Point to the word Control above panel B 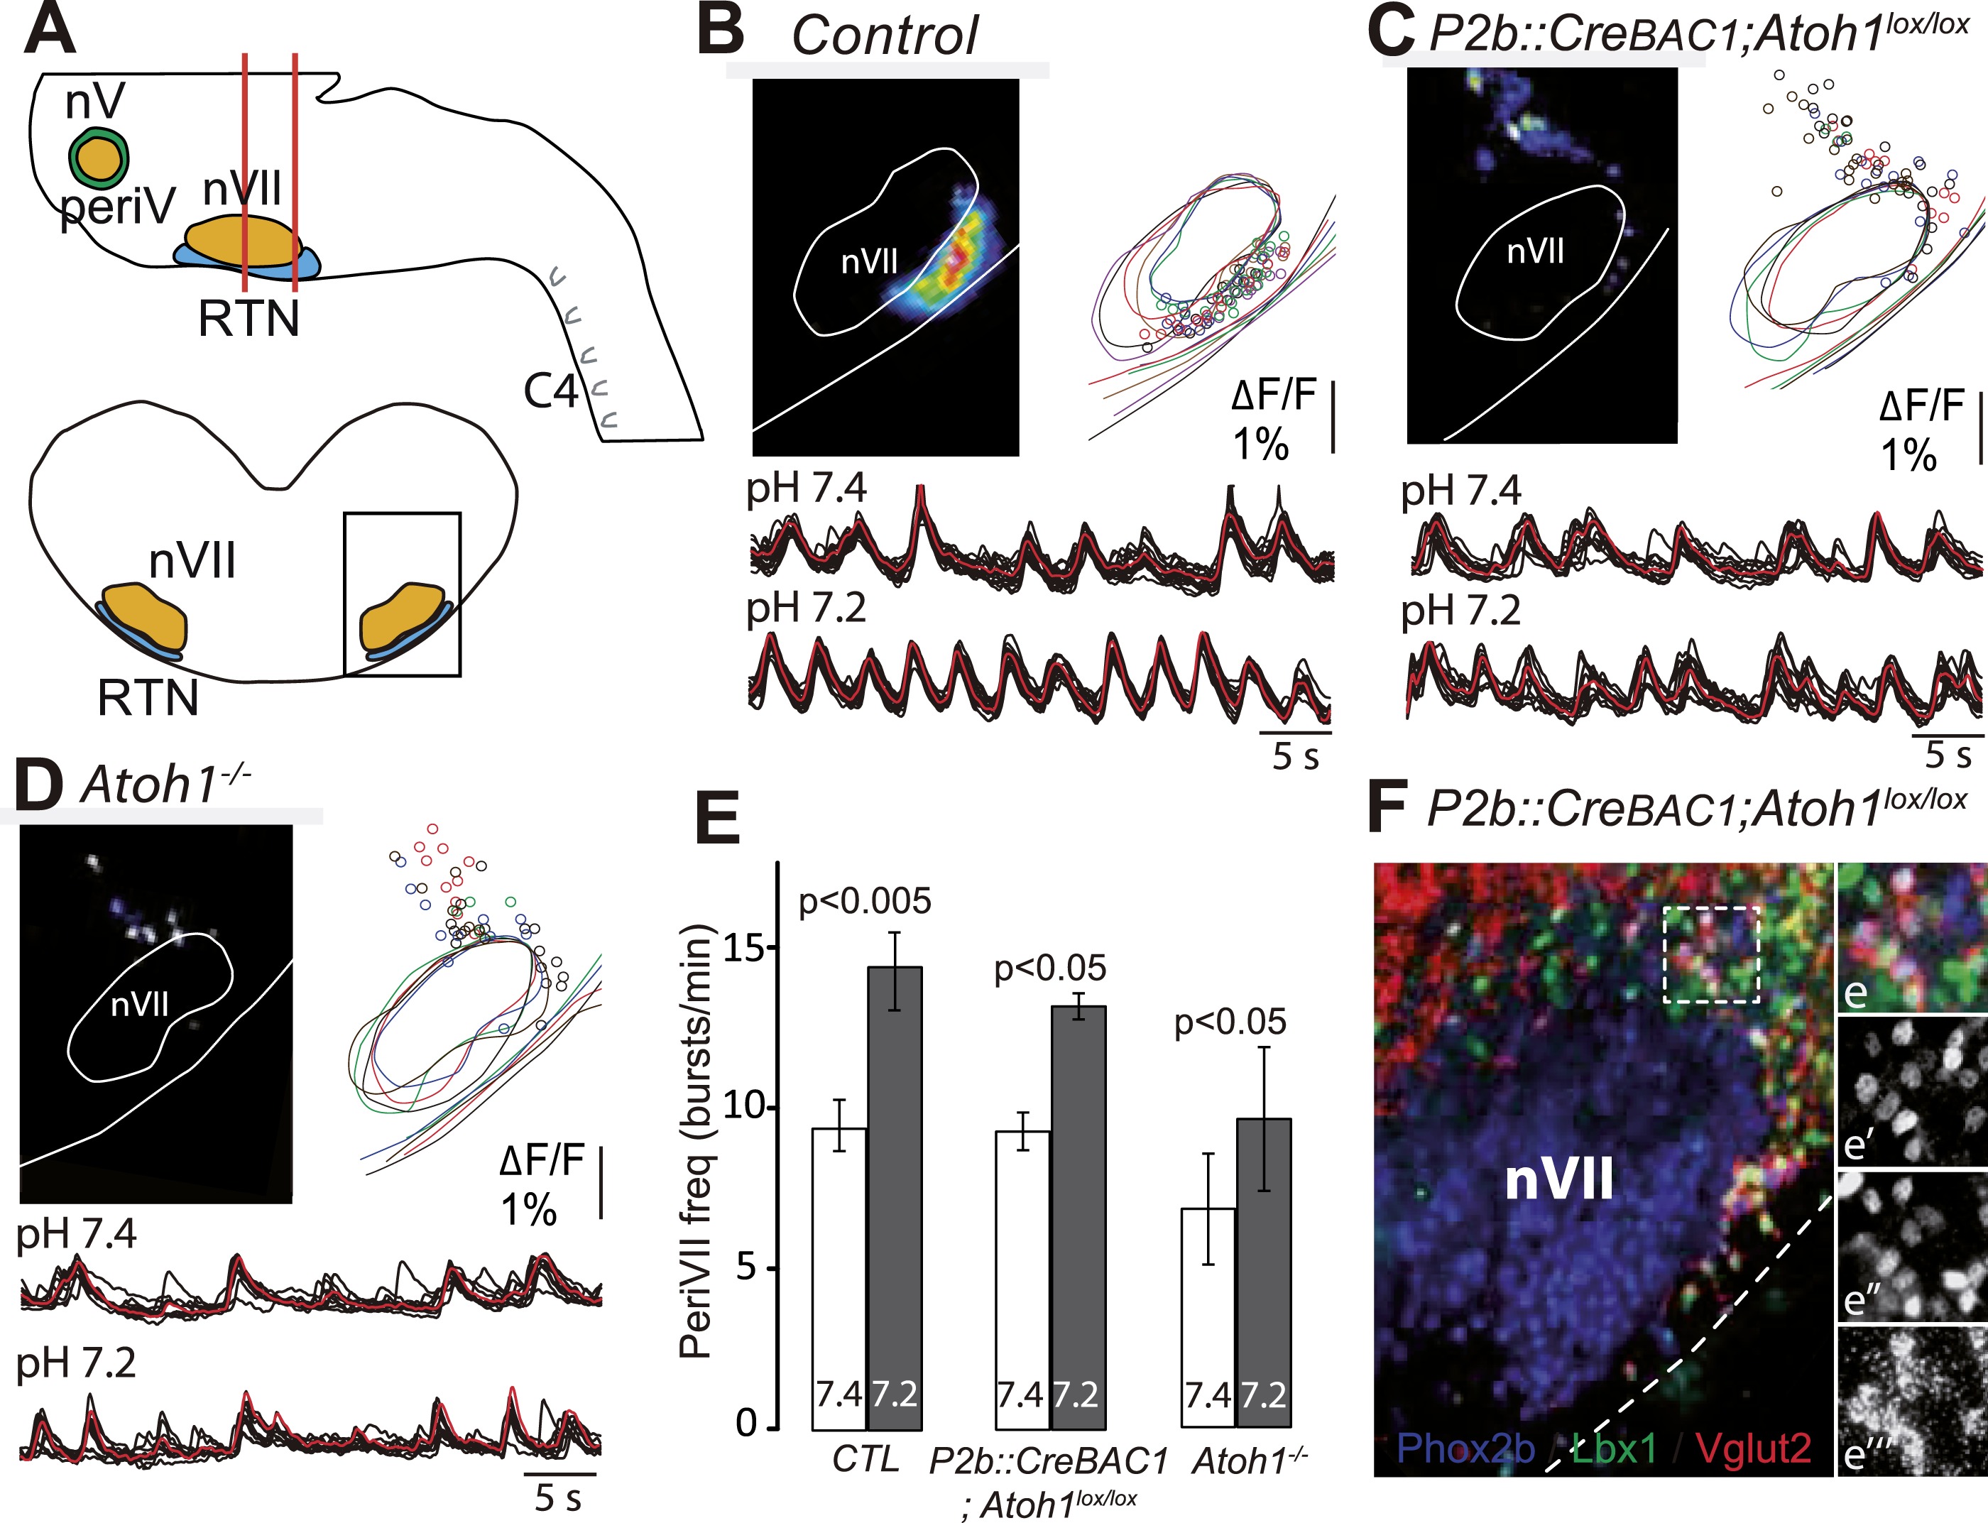(884, 36)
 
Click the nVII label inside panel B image (868, 262)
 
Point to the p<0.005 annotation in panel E (864, 901)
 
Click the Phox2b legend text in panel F (1465, 1448)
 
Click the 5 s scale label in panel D (557, 1497)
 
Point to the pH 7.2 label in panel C (1460, 612)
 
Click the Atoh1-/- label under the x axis (1249, 1461)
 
